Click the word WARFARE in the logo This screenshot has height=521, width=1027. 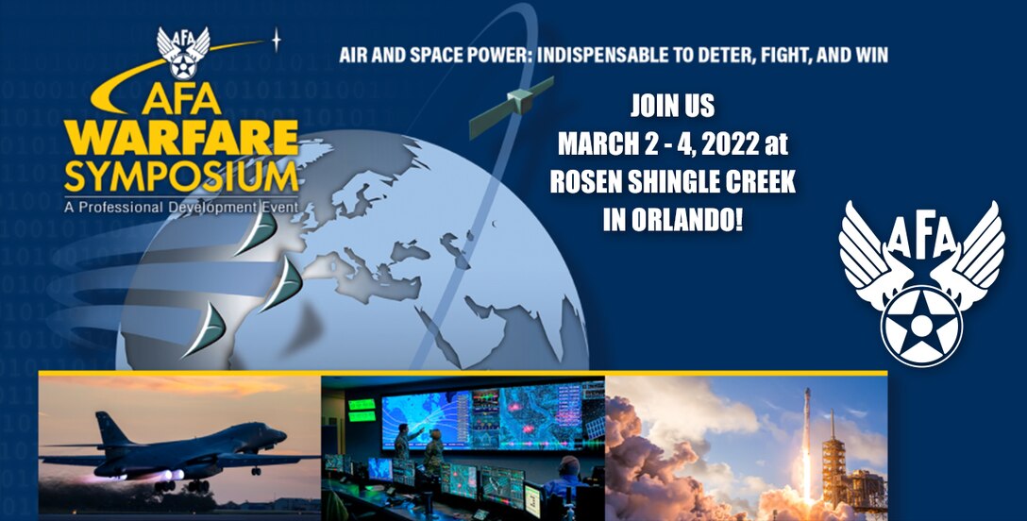[x=181, y=139]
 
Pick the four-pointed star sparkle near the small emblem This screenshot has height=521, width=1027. [x=276, y=40]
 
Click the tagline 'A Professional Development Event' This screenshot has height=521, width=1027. [x=181, y=205]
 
